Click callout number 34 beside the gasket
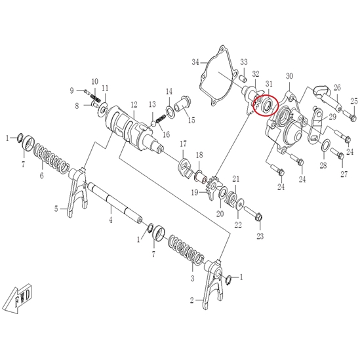(195, 62)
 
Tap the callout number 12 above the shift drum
(134, 105)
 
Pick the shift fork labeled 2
(213, 284)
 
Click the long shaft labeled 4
(115, 203)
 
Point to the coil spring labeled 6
(51, 159)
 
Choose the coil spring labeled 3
(186, 249)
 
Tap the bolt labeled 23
(253, 213)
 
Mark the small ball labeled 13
(153, 123)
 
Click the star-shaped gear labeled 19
(212, 186)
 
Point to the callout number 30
(289, 76)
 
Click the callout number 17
(183, 144)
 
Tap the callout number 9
(71, 91)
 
